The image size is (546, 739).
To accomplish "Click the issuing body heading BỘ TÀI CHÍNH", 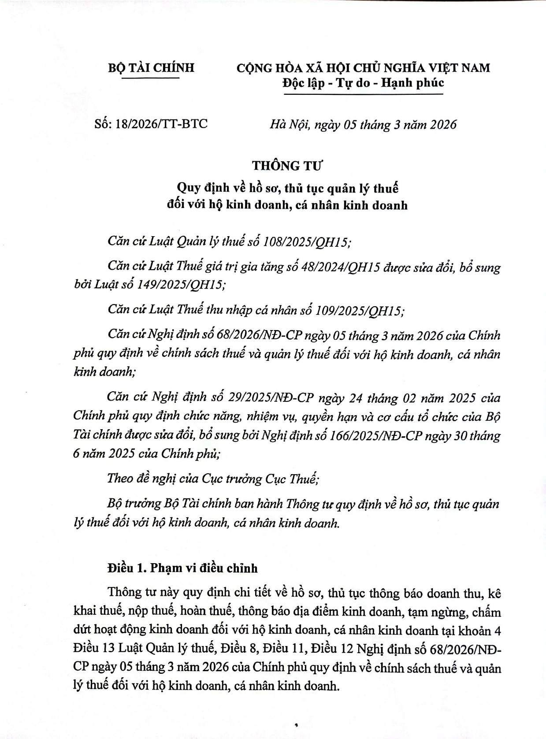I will click(151, 68).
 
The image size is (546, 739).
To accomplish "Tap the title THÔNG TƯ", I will click(288, 166).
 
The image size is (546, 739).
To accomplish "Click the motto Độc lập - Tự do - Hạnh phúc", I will click(363, 82).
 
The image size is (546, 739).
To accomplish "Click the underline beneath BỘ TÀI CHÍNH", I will click(150, 78).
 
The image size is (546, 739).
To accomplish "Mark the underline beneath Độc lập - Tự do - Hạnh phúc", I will click(363, 94).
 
